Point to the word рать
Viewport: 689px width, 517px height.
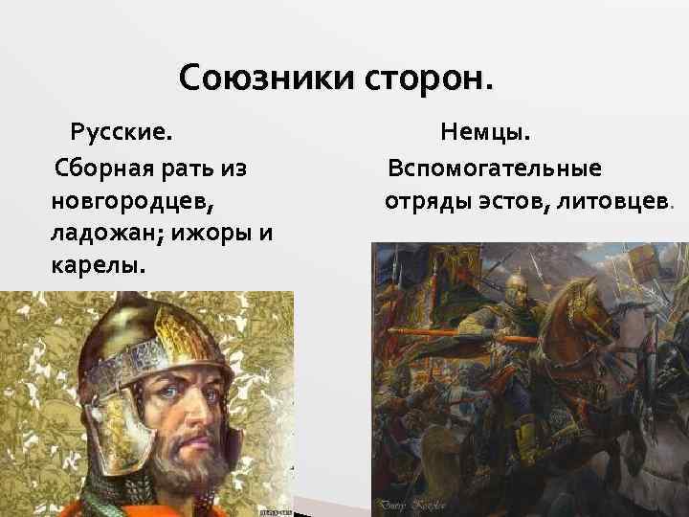[185, 170]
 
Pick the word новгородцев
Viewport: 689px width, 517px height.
[134, 203]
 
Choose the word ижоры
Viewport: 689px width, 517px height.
[211, 234]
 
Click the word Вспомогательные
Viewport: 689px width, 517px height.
[495, 169]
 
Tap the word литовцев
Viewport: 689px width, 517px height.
[612, 202]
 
